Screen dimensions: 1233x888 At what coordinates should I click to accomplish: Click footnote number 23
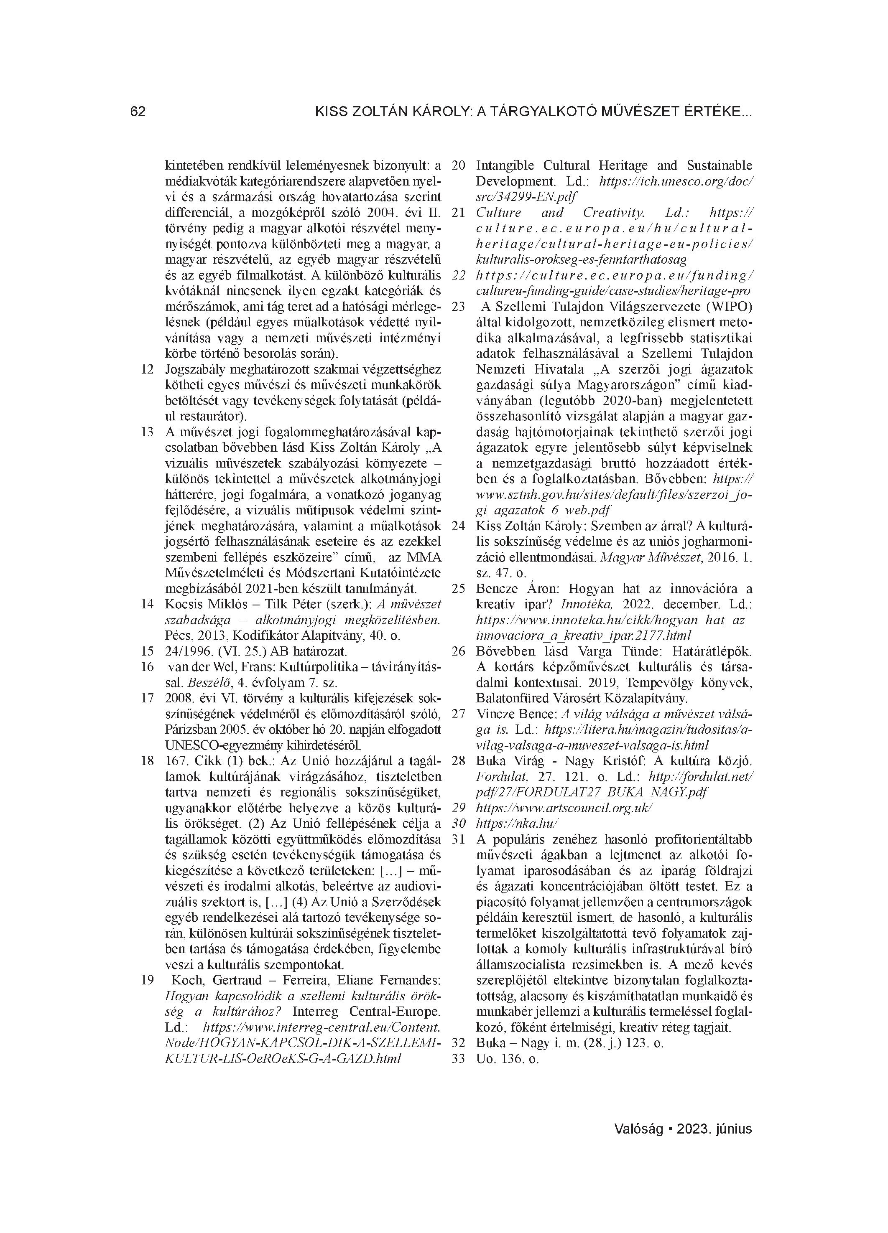point(459,307)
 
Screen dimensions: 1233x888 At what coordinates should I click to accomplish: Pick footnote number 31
point(459,839)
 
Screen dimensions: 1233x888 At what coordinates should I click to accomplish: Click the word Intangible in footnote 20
point(505,165)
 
